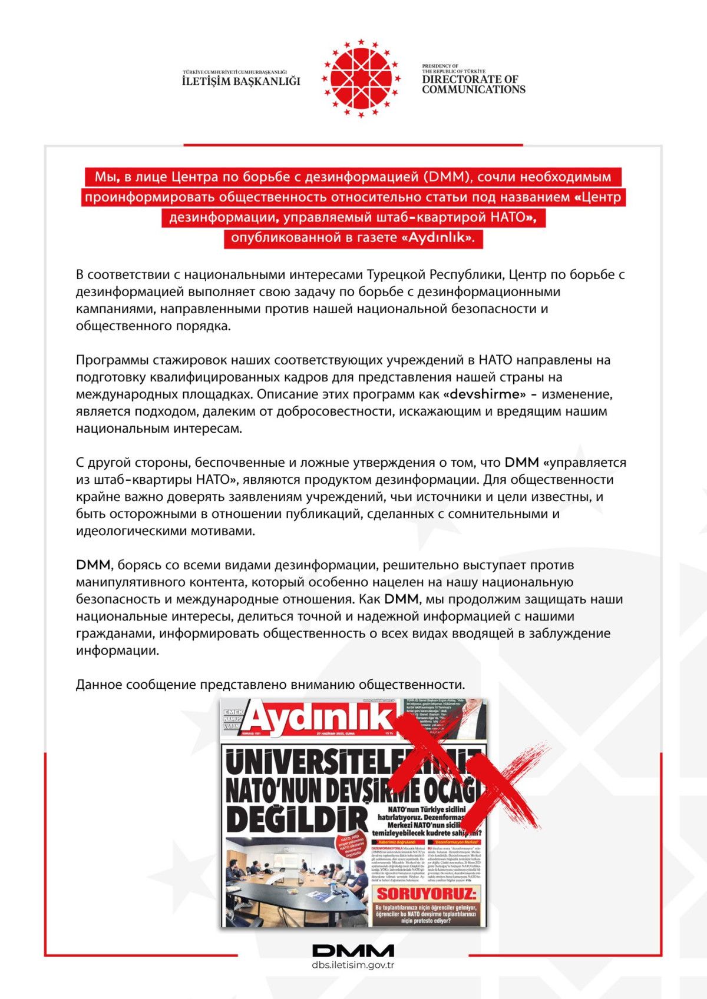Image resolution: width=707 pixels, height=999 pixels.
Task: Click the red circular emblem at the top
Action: tap(361, 78)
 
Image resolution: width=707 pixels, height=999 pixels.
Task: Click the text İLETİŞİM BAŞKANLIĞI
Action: tap(241, 81)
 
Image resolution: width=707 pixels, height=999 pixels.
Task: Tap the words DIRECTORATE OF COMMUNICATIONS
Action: tap(473, 84)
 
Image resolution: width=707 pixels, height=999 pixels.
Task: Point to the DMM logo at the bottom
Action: tap(353, 950)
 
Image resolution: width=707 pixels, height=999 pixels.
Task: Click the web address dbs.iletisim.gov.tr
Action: tap(353, 965)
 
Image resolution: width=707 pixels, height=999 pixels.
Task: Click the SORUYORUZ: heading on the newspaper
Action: tap(427, 894)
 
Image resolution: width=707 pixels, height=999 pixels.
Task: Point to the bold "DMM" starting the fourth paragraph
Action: tap(93, 565)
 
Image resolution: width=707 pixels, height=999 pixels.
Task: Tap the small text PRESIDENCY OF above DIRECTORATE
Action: tap(440, 66)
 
